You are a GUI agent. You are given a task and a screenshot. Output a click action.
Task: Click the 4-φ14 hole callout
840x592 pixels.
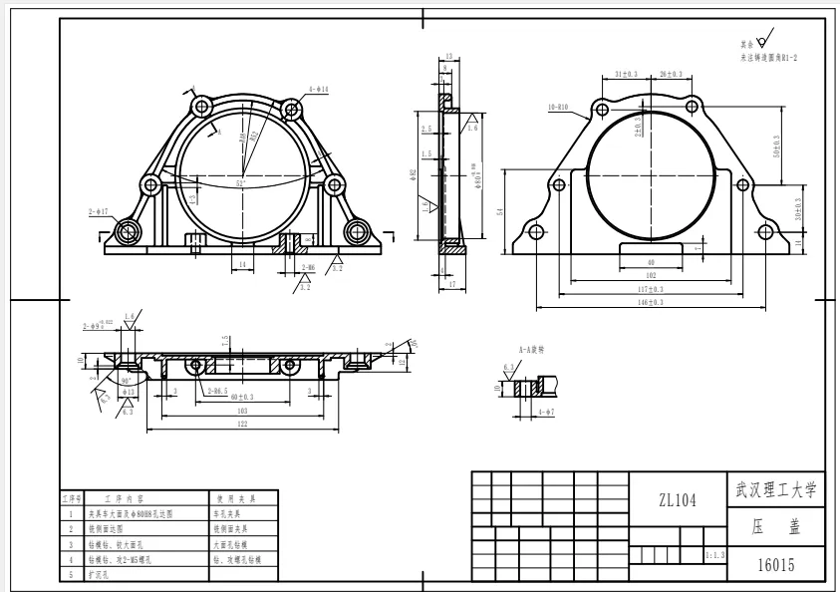tap(319, 90)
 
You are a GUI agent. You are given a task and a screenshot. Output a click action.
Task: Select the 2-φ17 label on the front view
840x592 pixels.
tap(98, 211)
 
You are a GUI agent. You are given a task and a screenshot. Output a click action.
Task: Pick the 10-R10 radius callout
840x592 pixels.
tap(557, 105)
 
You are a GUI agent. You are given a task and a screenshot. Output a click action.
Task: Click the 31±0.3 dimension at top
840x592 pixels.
tap(627, 74)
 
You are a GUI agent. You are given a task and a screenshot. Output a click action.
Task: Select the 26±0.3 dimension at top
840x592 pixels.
tap(671, 74)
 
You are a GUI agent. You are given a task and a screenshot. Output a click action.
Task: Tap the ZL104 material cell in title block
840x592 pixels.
tap(678, 501)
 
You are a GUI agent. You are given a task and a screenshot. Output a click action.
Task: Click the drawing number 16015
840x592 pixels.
tap(775, 564)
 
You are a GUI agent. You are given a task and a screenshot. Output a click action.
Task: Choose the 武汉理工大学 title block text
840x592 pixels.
tap(775, 489)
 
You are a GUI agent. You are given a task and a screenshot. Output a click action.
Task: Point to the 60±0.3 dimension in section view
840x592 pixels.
tap(241, 397)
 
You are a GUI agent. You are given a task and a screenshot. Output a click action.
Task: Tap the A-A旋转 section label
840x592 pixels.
tap(531, 350)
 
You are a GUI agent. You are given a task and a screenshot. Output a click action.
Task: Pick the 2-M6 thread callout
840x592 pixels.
tap(305, 267)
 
